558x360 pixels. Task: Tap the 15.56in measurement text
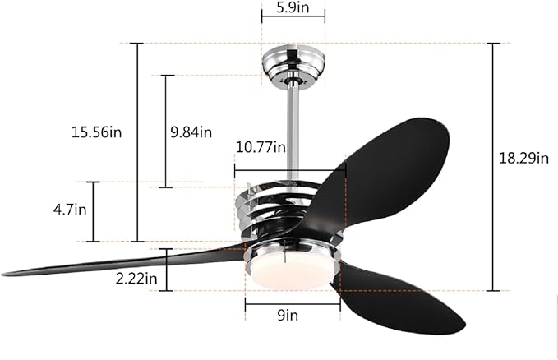96,132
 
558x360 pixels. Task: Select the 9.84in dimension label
190,132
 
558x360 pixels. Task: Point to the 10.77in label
260,148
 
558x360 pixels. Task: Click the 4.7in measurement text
70,210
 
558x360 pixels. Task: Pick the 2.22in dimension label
136,279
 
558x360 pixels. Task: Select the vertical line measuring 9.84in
166,132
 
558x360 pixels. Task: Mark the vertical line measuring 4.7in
93,211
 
